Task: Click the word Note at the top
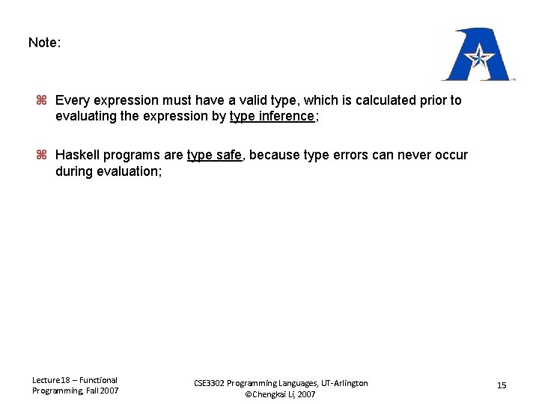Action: click(43, 43)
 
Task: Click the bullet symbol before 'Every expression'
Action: click(42, 100)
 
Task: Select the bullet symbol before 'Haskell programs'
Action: click(42, 156)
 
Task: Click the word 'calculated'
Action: click(380, 100)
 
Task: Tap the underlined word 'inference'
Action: click(287, 116)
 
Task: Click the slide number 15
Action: click(502, 385)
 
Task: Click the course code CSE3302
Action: click(210, 383)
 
